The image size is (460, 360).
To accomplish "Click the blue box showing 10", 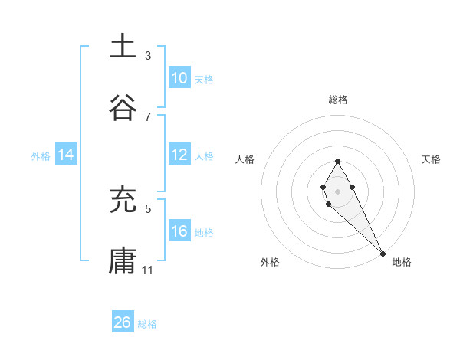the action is point(179,78).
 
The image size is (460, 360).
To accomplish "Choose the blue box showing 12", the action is point(179,155).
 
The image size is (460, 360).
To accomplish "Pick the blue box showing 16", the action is point(179,231).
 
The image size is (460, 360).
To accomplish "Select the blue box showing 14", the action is point(66,155).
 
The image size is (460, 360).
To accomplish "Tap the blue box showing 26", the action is point(123,322).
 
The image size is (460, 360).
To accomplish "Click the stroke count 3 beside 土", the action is point(148,55).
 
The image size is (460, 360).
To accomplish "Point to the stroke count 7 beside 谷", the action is point(148,116).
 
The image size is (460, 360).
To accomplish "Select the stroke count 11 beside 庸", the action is point(148,270).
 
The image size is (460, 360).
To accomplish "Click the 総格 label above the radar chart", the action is point(338,100).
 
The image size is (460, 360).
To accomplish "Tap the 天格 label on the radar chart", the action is point(431,159).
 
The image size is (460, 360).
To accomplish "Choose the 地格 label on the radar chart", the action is point(402,262).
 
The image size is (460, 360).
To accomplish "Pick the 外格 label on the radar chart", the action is point(270,262).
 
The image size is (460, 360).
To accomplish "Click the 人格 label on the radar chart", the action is point(245,159).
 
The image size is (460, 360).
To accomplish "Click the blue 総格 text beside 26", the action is point(147,324).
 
